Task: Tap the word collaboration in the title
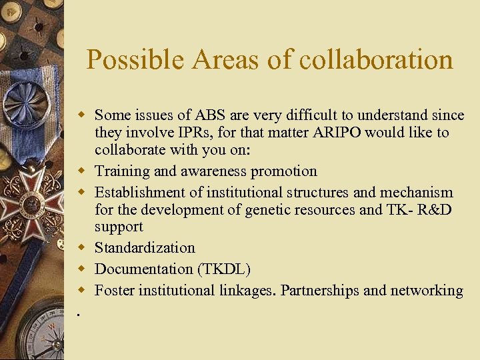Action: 377,60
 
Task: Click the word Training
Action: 122,171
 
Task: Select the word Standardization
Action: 145,248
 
